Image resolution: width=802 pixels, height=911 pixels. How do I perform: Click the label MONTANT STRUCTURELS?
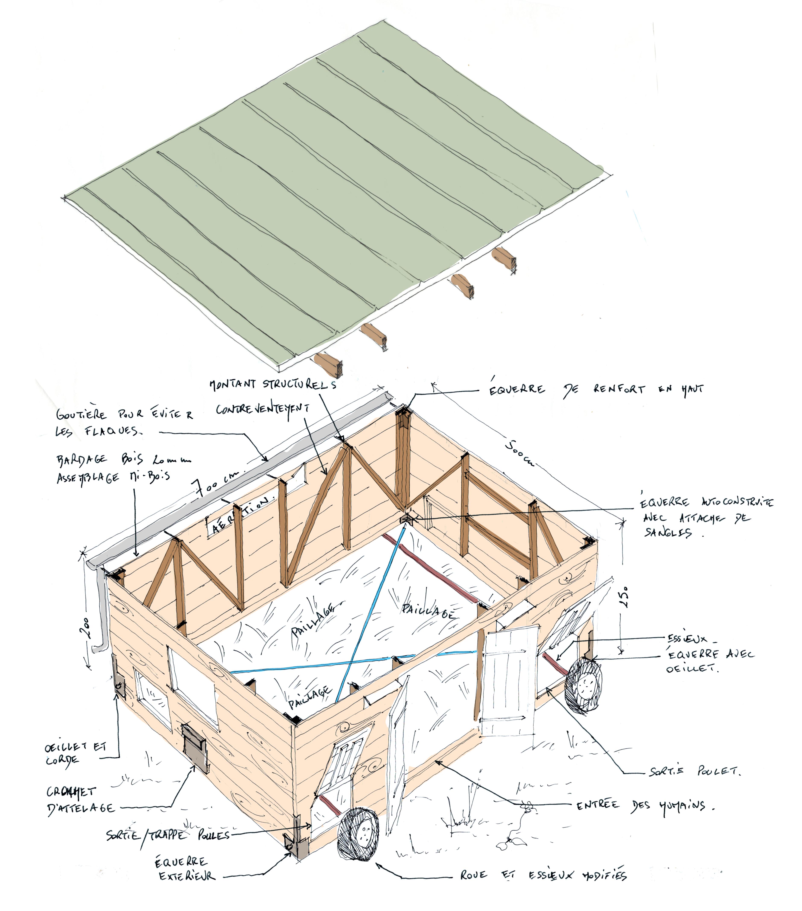click(x=273, y=384)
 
